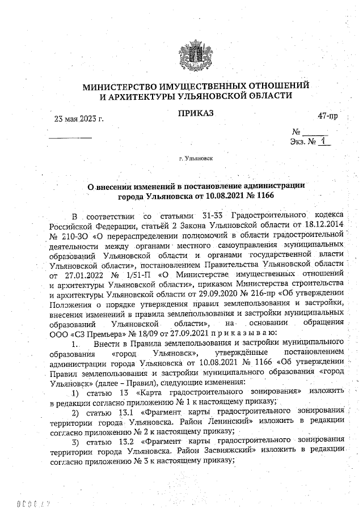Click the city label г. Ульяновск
(196, 160)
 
